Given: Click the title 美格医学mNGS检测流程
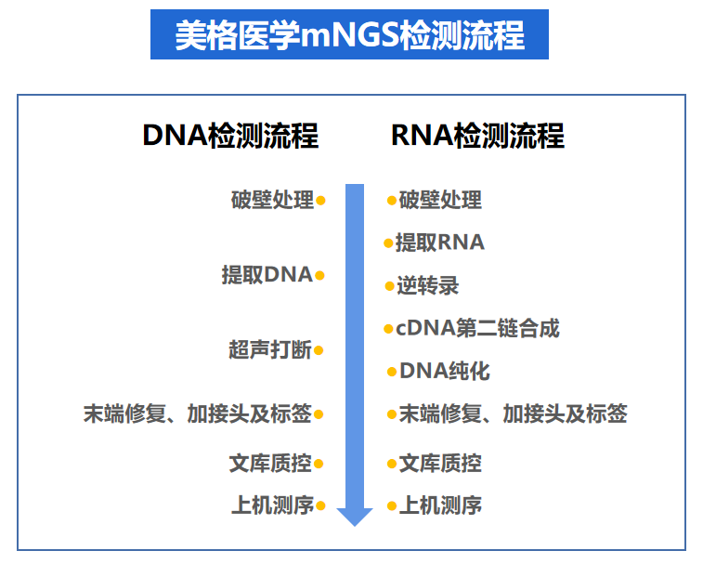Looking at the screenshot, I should (x=349, y=34).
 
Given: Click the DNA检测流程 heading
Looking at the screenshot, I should (x=229, y=136).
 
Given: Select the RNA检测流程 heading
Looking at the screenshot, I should (x=477, y=136).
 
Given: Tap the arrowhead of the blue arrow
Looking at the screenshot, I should (x=355, y=515).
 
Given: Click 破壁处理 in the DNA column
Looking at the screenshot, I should (x=272, y=200).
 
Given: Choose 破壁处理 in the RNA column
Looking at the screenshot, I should (x=440, y=200).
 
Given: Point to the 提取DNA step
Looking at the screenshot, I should (x=267, y=275).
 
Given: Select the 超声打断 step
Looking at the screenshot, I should (x=270, y=350).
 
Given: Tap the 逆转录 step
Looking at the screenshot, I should (x=428, y=285).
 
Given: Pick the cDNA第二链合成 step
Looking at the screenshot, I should (x=477, y=328).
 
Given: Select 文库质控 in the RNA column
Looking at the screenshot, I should (x=440, y=463).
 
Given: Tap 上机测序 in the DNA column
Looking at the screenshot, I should (x=272, y=506).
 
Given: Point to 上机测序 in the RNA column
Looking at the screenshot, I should (x=440, y=506).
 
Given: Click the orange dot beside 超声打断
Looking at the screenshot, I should (x=319, y=350).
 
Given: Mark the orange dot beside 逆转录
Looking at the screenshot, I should (x=390, y=285).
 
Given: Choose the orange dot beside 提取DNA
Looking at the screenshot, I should (x=319, y=275).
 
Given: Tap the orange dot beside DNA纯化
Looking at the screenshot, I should (x=392, y=372).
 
